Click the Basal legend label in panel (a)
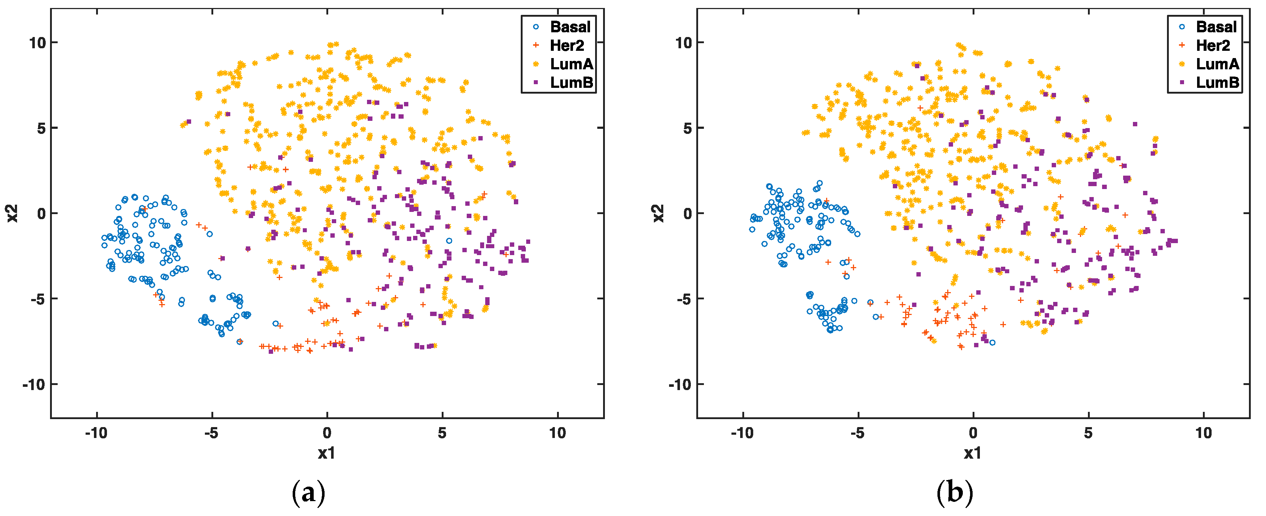(570, 26)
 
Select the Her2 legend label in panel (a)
(567, 45)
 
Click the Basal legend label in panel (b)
(1216, 26)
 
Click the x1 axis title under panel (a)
(327, 453)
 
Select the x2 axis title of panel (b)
(658, 213)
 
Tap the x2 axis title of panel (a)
(12, 213)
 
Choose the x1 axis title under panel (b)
(973, 453)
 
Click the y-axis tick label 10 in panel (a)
(37, 43)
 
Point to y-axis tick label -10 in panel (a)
(33, 384)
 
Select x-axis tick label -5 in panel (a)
(211, 433)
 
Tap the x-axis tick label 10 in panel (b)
(1203, 433)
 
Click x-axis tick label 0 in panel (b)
(973, 433)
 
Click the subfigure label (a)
(309, 492)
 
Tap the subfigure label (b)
(954, 492)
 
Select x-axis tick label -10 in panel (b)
(742, 433)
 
